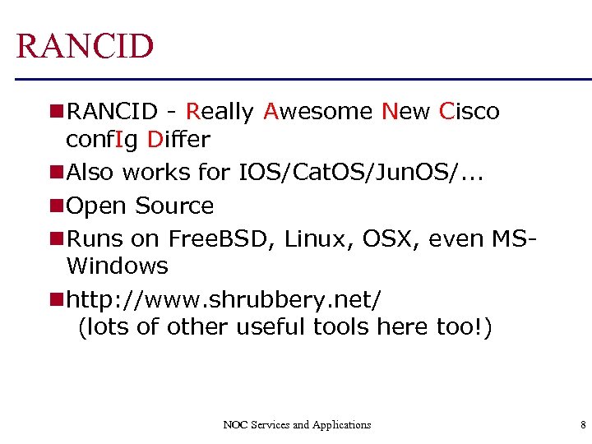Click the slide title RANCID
coord(85,46)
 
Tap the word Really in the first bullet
coord(220,112)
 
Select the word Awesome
coord(318,112)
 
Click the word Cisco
coord(469,112)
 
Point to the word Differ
coord(178,140)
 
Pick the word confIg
coord(102,140)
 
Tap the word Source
coord(174,206)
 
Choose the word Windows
coord(117,266)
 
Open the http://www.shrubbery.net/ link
coord(224,299)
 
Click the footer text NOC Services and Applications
coord(297,425)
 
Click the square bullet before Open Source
coord(56,206)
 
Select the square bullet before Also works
coord(56,173)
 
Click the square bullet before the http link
coord(56,299)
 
